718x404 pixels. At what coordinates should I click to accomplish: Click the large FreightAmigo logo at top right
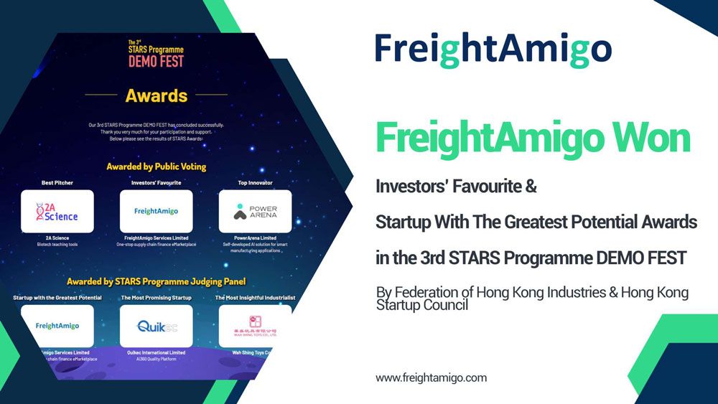pyautogui.click(x=493, y=49)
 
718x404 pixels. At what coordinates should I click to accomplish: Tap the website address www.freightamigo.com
pyautogui.click(x=431, y=377)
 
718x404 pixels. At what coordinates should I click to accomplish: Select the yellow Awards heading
pyautogui.click(x=156, y=95)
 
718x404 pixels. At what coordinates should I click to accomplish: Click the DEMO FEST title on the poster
pyautogui.click(x=156, y=60)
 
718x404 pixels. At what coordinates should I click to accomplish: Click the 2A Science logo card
pyautogui.click(x=57, y=212)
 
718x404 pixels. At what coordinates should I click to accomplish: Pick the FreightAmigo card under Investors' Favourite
pyautogui.click(x=156, y=212)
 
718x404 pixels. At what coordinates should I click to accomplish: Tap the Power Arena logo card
pyautogui.click(x=255, y=212)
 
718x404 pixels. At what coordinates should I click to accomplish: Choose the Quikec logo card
pyautogui.click(x=156, y=327)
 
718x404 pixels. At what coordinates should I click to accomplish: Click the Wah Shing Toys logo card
pyautogui.click(x=255, y=327)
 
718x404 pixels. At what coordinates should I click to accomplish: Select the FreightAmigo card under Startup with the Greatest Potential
pyautogui.click(x=57, y=327)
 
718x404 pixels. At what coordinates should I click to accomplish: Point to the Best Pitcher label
pyautogui.click(x=57, y=183)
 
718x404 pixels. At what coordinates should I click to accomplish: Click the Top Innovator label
pyautogui.click(x=255, y=183)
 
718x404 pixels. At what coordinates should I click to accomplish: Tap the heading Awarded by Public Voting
pyautogui.click(x=156, y=166)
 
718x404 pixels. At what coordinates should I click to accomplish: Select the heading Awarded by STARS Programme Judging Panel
pyautogui.click(x=156, y=281)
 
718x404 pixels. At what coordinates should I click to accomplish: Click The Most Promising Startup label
pyautogui.click(x=156, y=297)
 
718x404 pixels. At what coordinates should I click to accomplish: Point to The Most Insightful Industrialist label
pyautogui.click(x=255, y=297)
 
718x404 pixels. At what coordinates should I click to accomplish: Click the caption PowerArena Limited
pyautogui.click(x=255, y=238)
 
